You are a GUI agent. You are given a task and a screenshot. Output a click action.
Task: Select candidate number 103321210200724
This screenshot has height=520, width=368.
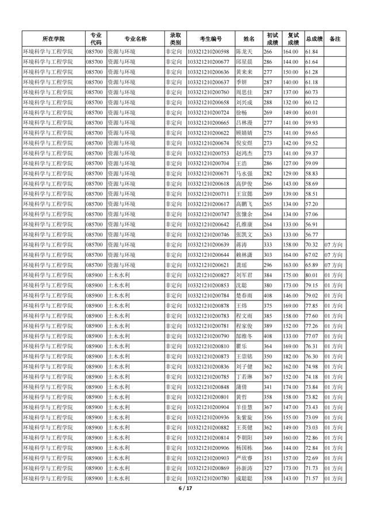[208, 113]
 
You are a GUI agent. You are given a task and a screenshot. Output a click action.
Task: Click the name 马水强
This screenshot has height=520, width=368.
[244, 174]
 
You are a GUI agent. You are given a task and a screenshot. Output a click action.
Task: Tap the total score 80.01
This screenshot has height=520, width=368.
[311, 275]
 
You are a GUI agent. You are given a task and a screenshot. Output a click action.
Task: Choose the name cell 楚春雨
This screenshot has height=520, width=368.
[244, 295]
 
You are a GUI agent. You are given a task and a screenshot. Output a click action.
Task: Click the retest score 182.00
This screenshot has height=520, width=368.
[290, 356]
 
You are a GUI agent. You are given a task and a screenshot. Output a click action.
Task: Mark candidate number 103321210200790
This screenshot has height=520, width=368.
[208, 336]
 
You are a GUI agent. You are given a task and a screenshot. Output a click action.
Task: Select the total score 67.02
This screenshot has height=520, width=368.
[311, 255]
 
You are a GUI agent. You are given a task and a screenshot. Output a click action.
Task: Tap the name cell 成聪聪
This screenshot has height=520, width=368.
[244, 478]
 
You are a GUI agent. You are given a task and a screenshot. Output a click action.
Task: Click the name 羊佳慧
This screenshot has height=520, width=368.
[244, 407]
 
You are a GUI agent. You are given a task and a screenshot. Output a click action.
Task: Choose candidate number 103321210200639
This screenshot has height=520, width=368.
[208, 245]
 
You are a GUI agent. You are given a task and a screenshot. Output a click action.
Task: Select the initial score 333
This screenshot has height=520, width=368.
[267, 245]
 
